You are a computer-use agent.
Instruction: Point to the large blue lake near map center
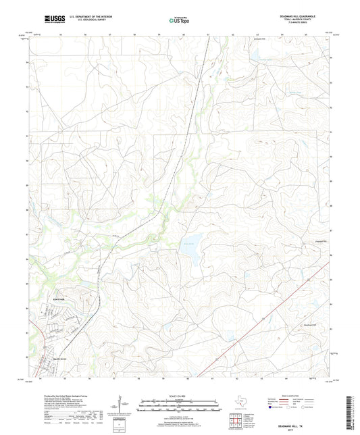191,253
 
